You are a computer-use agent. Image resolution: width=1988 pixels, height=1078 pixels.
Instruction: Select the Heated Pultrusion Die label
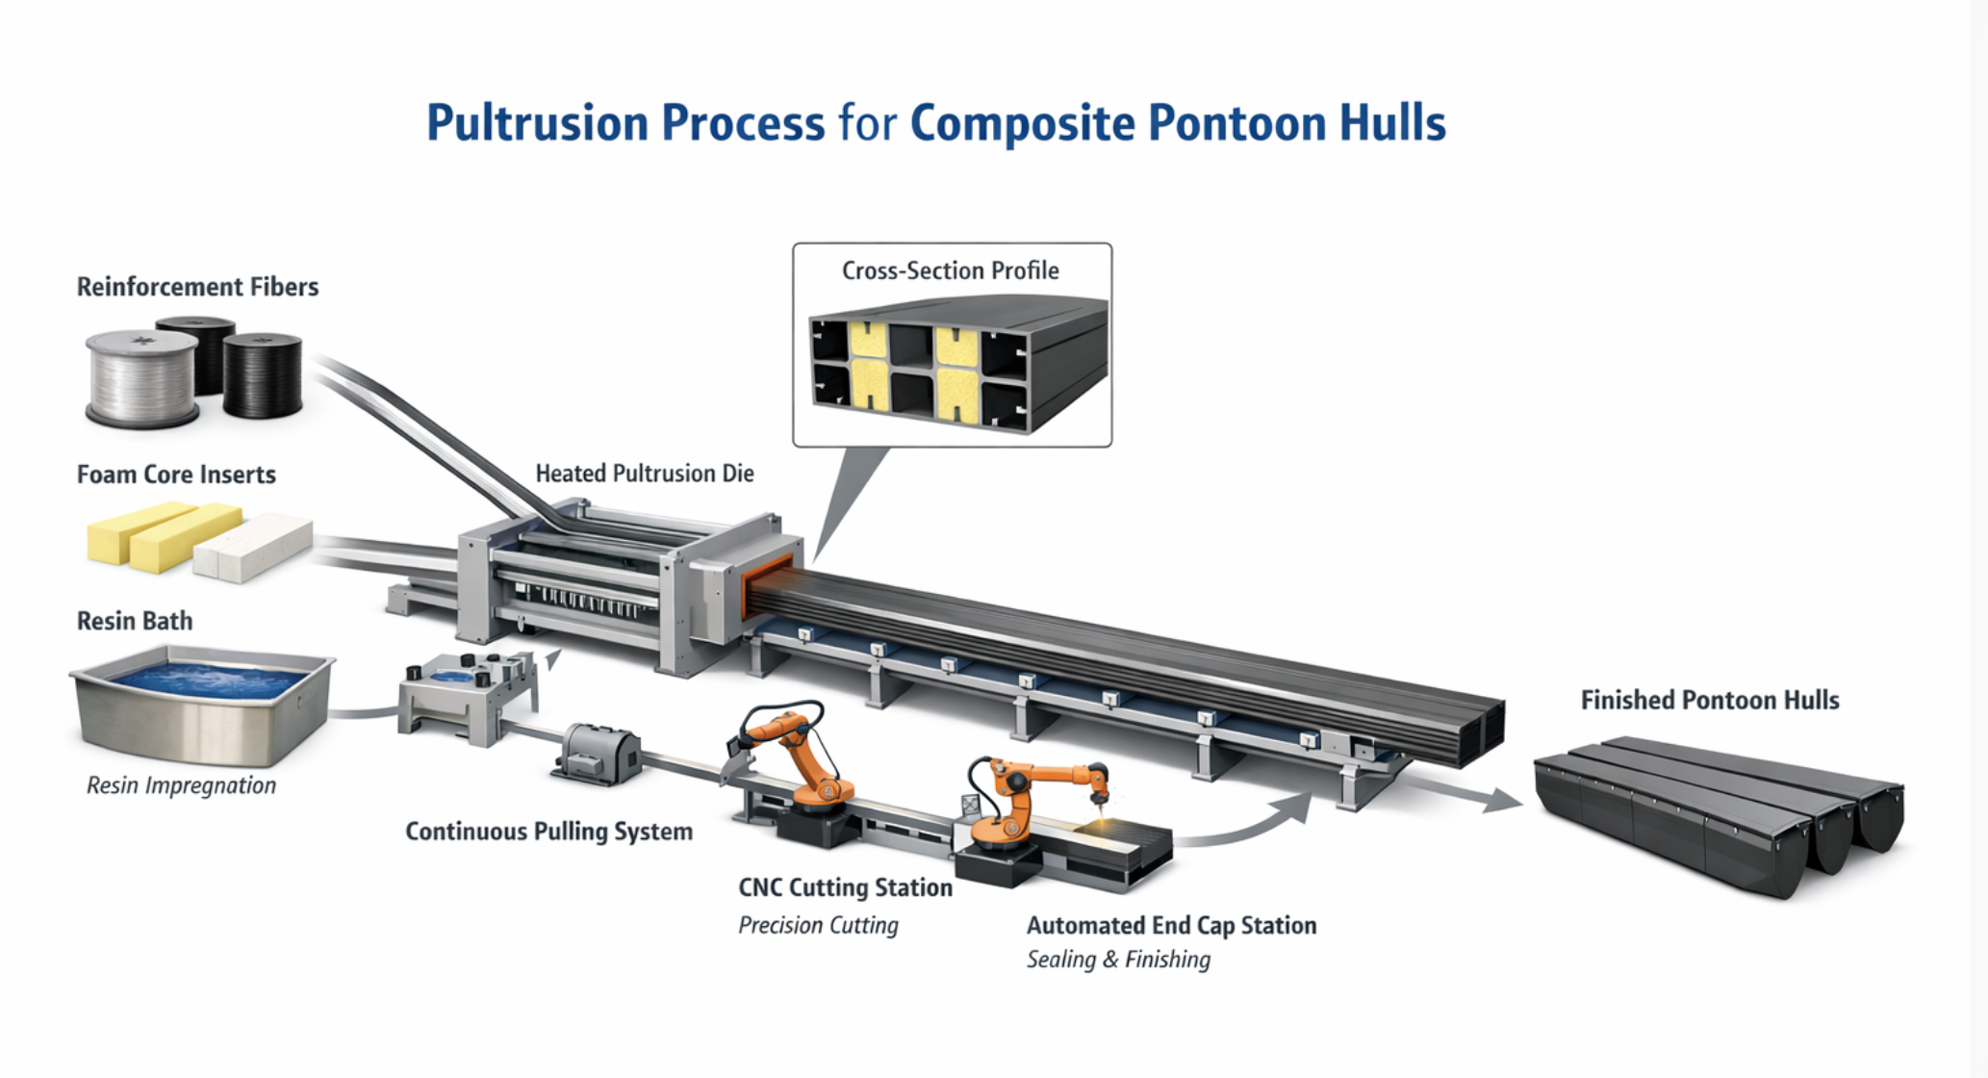point(644,474)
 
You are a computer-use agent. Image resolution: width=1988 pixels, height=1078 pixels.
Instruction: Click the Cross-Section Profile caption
point(950,270)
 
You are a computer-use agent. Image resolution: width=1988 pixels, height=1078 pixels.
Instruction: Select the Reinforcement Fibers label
point(197,287)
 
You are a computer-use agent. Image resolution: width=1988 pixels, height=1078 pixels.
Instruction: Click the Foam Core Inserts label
point(176,475)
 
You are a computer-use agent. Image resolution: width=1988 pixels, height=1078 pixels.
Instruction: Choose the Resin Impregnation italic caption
point(181,785)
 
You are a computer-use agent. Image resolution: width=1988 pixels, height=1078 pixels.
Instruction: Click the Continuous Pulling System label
point(548,832)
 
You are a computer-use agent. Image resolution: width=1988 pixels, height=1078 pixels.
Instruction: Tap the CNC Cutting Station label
point(845,887)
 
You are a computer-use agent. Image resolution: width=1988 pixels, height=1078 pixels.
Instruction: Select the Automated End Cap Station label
point(1171,925)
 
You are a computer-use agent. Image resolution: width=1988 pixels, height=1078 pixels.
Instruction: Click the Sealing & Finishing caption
point(1118,960)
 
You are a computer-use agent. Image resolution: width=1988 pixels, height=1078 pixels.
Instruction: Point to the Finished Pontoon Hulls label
point(1709,700)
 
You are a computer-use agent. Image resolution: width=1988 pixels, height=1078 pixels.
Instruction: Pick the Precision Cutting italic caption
point(818,925)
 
